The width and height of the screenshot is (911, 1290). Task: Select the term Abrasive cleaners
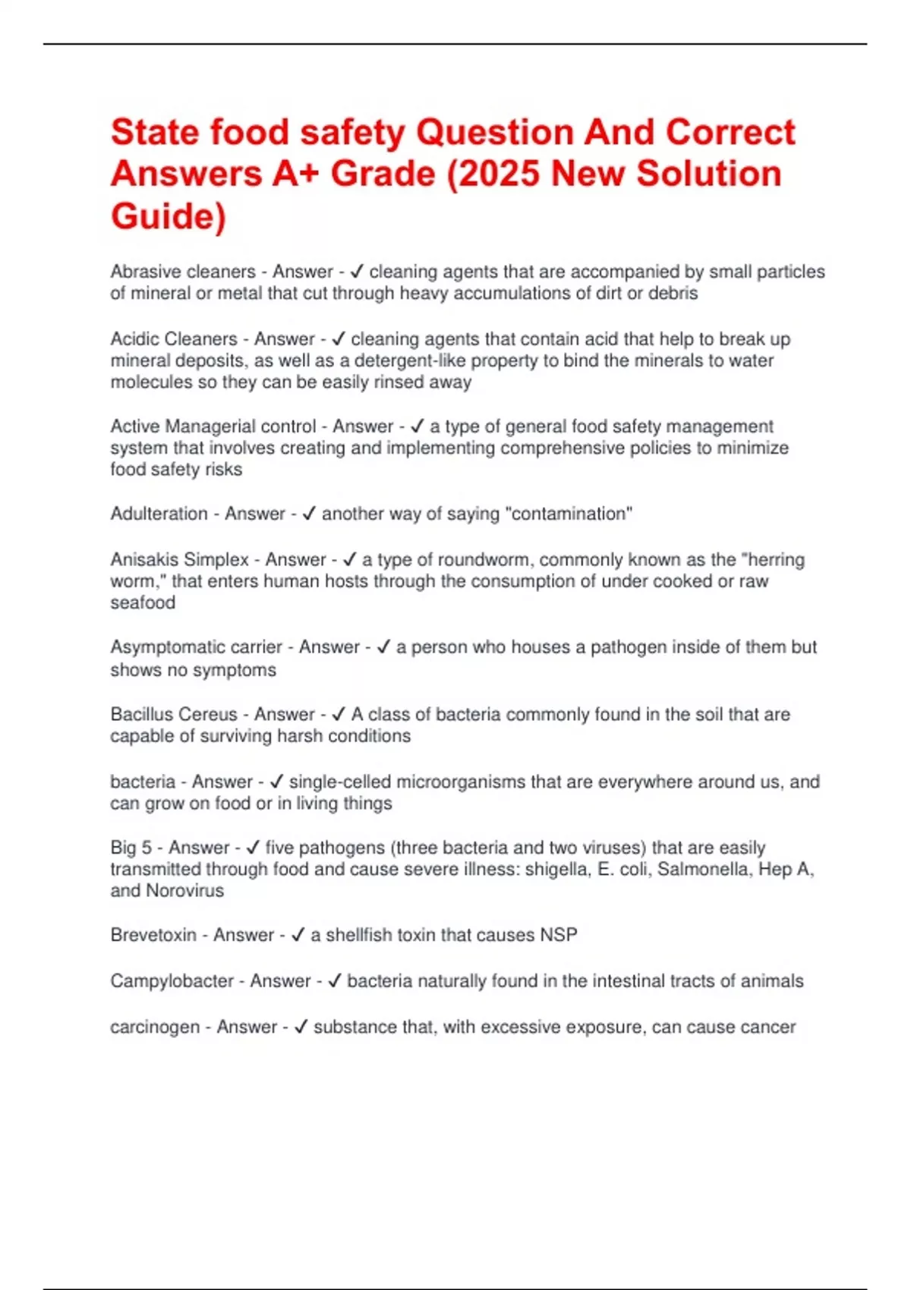[x=183, y=272]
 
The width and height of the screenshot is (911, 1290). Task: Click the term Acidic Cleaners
[x=174, y=338]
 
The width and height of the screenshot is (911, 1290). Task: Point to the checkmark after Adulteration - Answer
[x=308, y=514]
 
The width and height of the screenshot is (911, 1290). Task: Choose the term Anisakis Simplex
[x=179, y=559]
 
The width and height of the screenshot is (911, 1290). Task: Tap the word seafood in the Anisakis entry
[x=143, y=603]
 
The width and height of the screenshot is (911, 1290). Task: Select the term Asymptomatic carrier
[x=196, y=647]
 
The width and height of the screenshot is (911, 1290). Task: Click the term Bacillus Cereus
[x=174, y=714]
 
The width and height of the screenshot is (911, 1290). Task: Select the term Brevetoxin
[x=153, y=935]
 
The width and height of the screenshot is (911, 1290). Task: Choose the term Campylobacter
[x=172, y=980]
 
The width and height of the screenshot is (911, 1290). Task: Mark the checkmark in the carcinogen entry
[x=301, y=1027]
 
